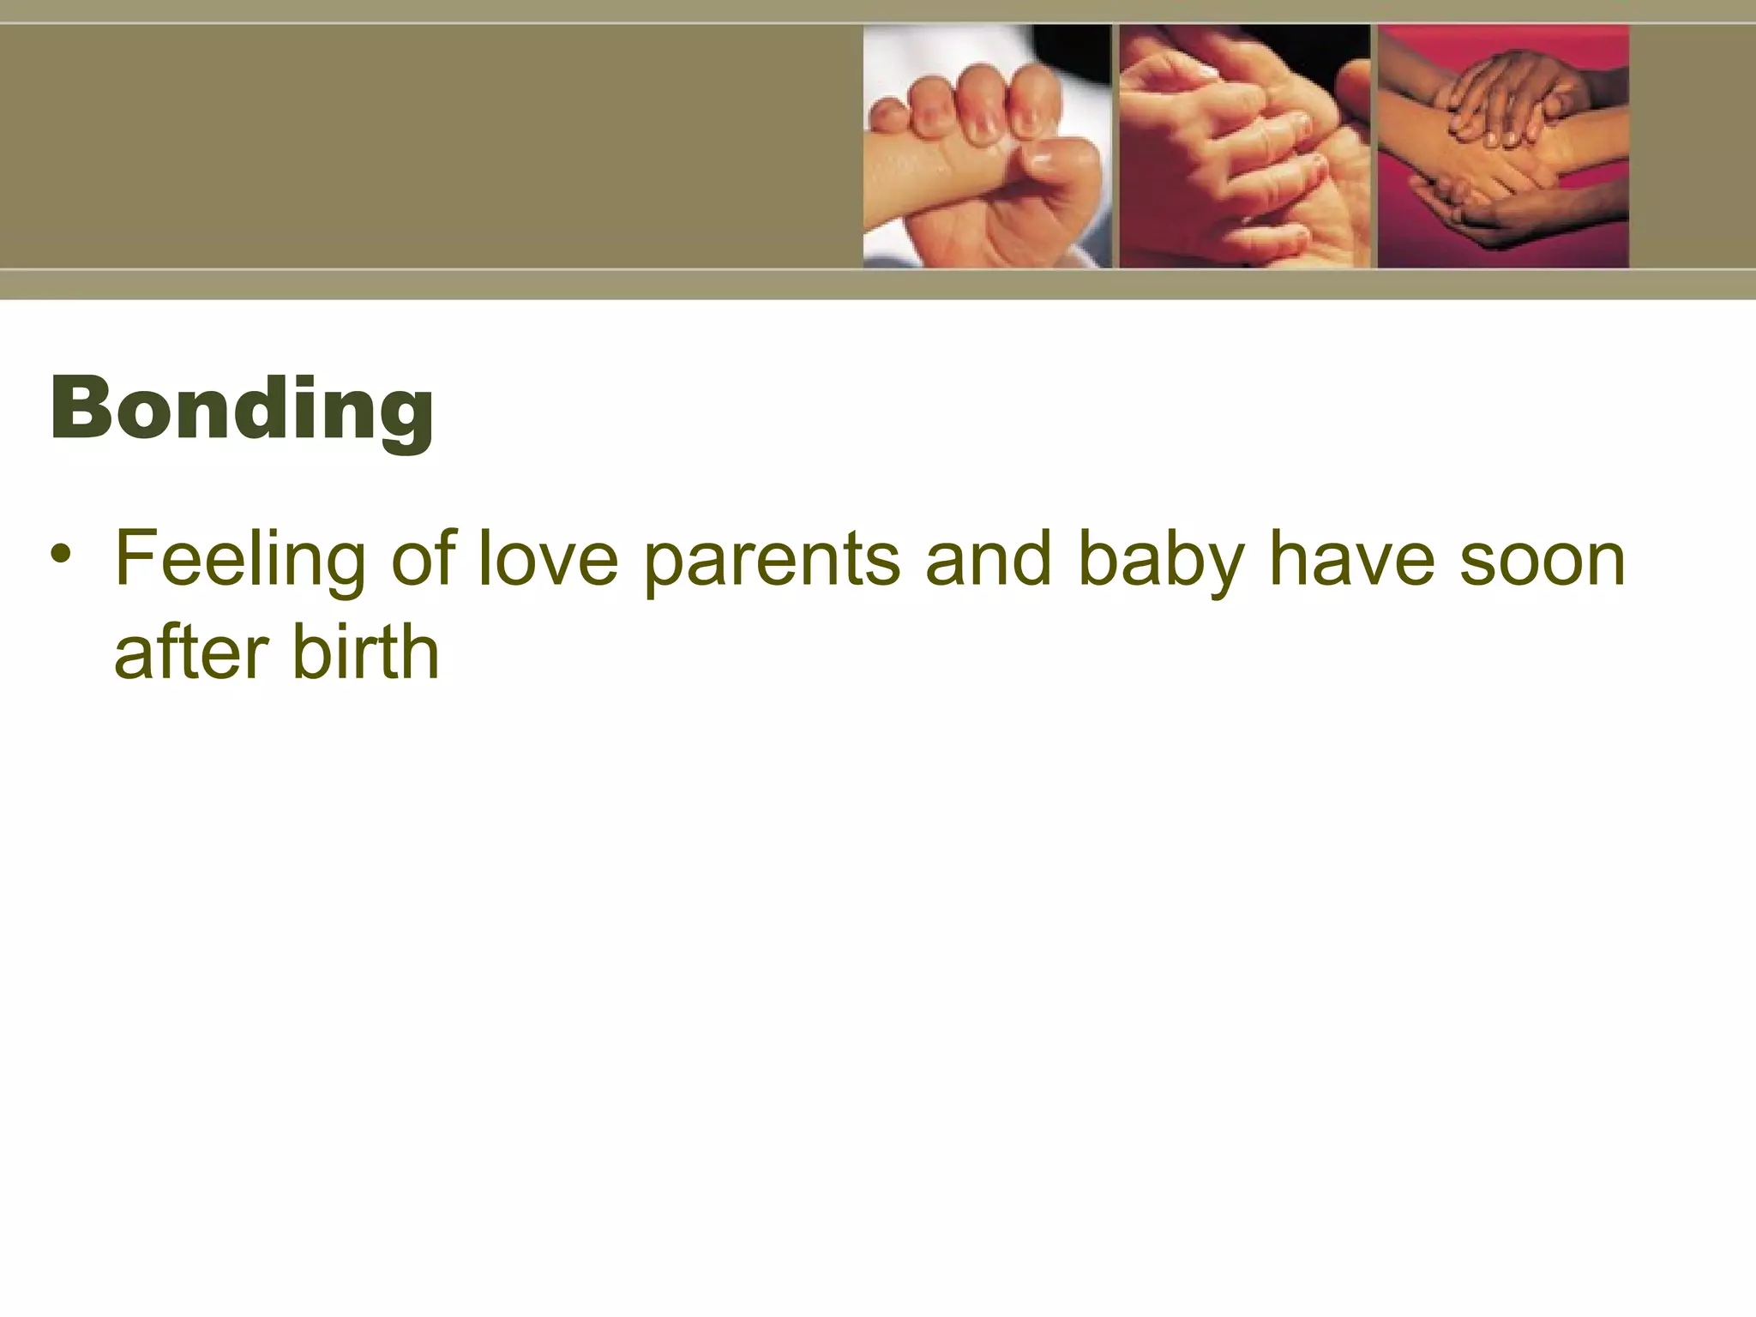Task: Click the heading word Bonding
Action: [242, 409]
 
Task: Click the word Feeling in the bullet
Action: [241, 560]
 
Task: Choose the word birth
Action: [366, 652]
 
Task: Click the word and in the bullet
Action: [988, 560]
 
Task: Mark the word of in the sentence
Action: [424, 560]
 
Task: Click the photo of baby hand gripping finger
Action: [986, 146]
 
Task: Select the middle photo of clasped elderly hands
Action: [1244, 146]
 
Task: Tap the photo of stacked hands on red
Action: [1502, 146]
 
